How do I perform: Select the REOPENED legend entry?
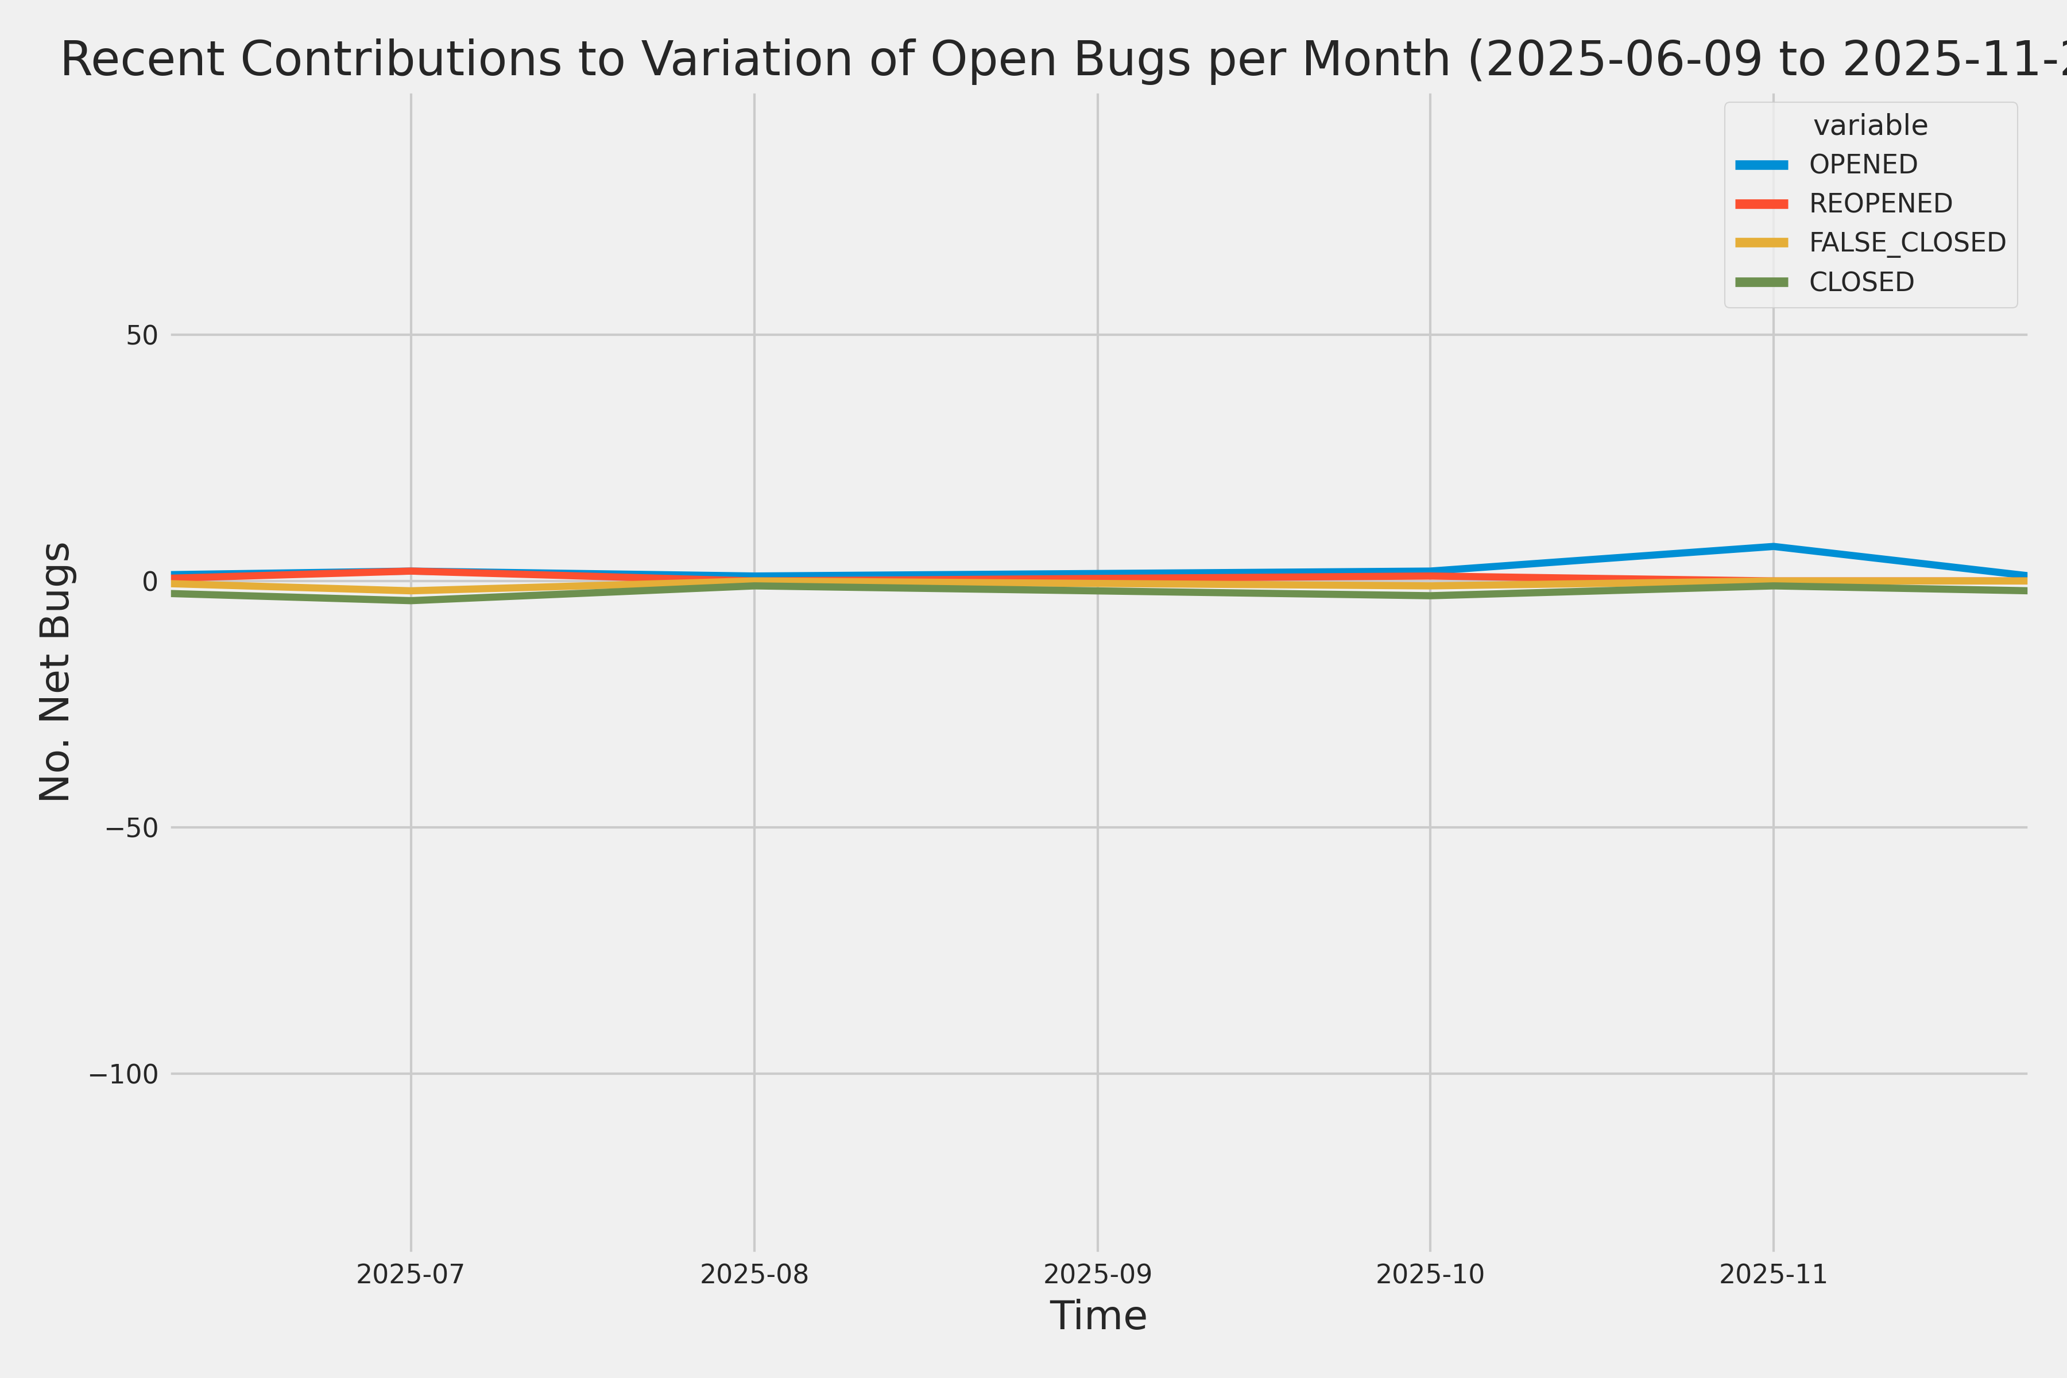(1880, 204)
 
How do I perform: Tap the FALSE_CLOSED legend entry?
(1907, 242)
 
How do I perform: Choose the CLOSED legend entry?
(1860, 282)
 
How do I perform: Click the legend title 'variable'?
(1870, 126)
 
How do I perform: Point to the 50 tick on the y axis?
(141, 335)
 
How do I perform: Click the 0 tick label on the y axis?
(149, 581)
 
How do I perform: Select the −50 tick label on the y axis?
(132, 828)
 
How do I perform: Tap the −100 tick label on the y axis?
(123, 1074)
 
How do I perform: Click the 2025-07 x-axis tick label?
(411, 1274)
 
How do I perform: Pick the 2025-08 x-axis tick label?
(754, 1274)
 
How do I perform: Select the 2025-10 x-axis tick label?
(1430, 1274)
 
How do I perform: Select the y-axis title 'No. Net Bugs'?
(55, 671)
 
